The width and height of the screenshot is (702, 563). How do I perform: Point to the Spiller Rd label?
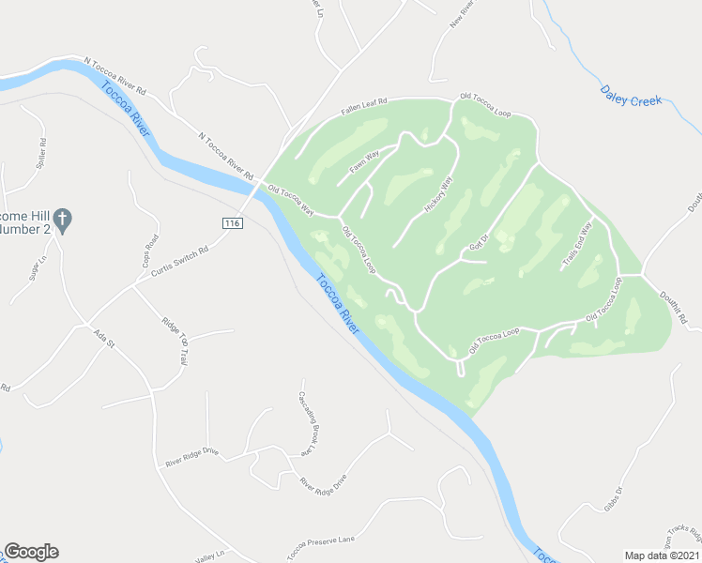point(41,153)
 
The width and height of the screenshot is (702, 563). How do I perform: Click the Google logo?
point(31,552)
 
